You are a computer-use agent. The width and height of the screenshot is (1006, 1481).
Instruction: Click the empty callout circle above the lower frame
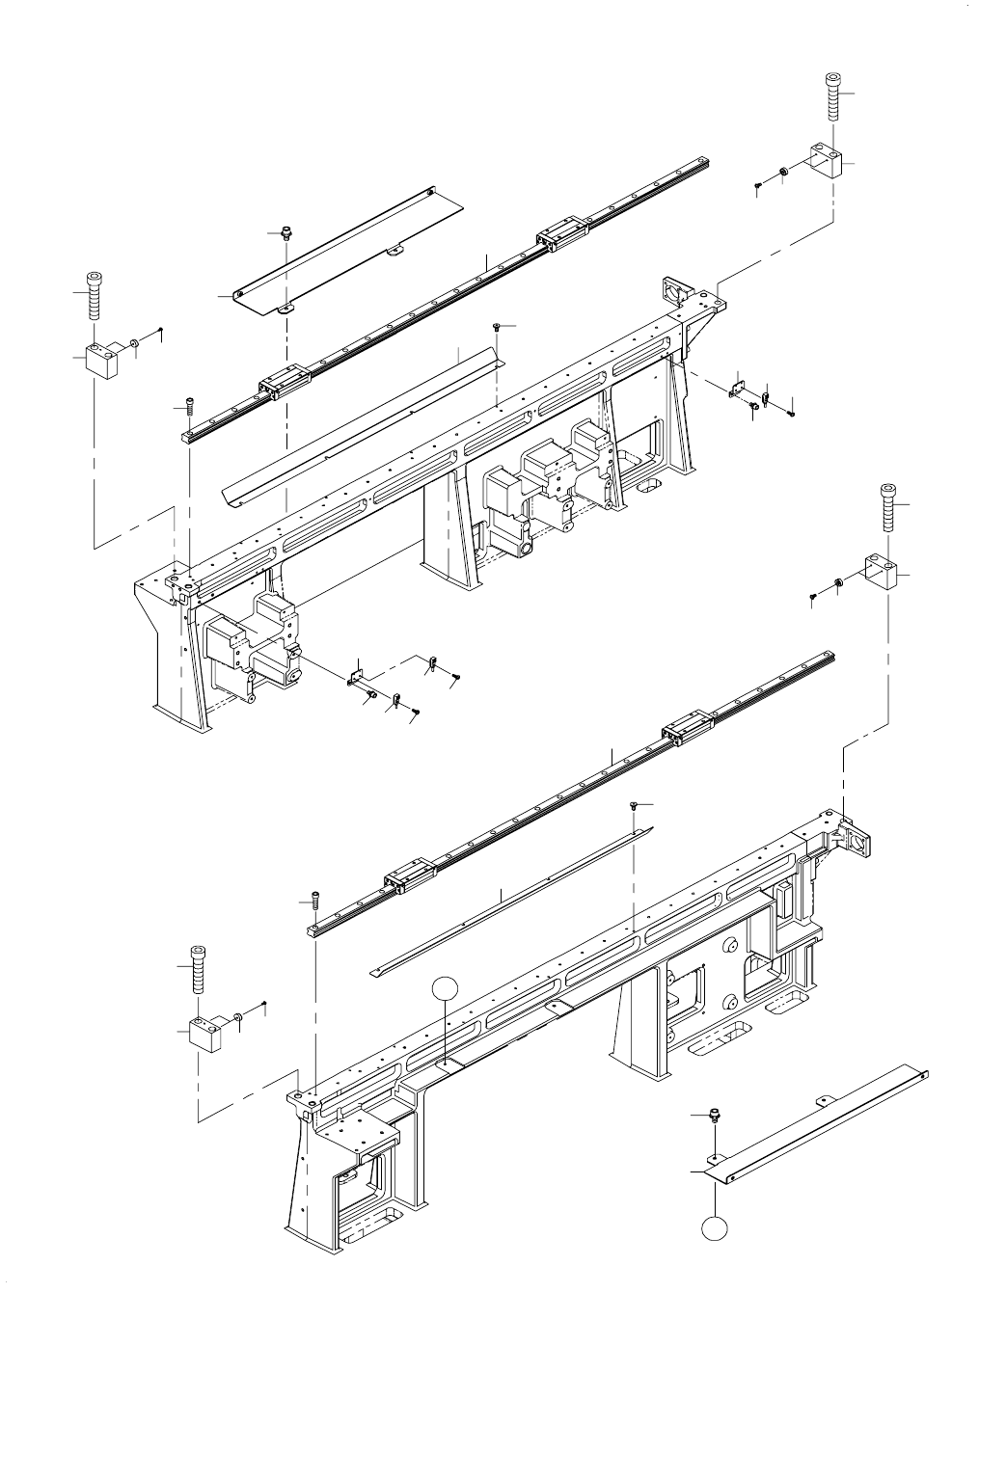click(x=443, y=988)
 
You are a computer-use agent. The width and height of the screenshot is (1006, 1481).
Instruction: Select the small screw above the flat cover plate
click(x=285, y=231)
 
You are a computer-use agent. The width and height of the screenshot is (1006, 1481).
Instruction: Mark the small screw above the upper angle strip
click(x=496, y=327)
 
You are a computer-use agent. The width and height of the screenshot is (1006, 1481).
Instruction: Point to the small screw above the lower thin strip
click(x=633, y=804)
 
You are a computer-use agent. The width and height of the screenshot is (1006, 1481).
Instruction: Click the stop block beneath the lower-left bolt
click(x=204, y=1034)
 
